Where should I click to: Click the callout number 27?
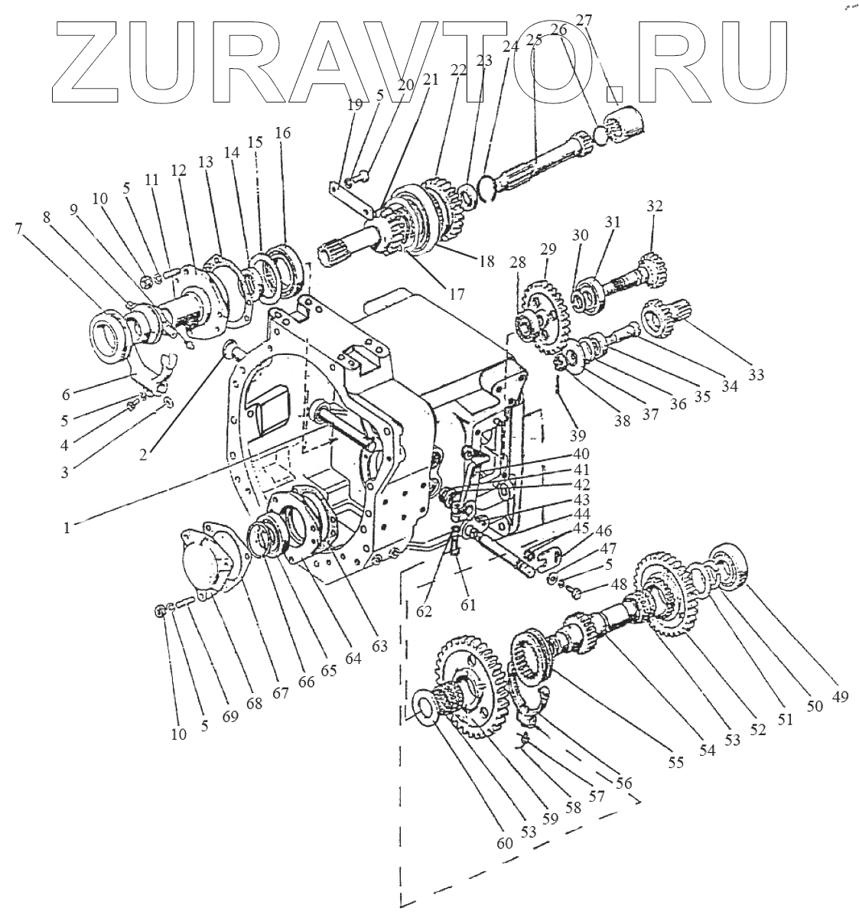coord(584,21)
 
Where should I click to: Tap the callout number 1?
coord(68,526)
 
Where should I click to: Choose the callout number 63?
coord(380,645)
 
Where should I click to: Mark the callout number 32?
coord(654,206)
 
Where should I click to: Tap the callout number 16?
coord(283,133)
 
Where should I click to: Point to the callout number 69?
coord(230,717)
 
